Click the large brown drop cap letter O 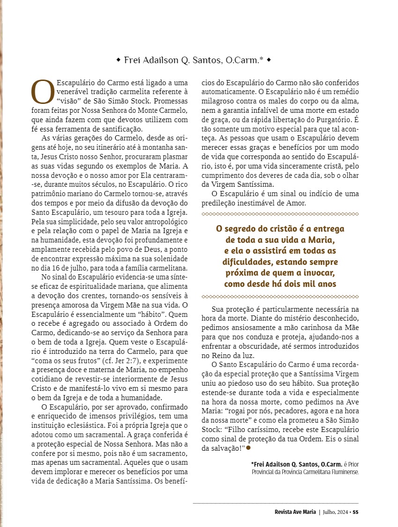43,92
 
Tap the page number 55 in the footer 356,512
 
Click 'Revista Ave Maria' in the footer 295,512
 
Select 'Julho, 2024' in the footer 335,512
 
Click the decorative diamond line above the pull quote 280,214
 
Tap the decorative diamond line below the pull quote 280,296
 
